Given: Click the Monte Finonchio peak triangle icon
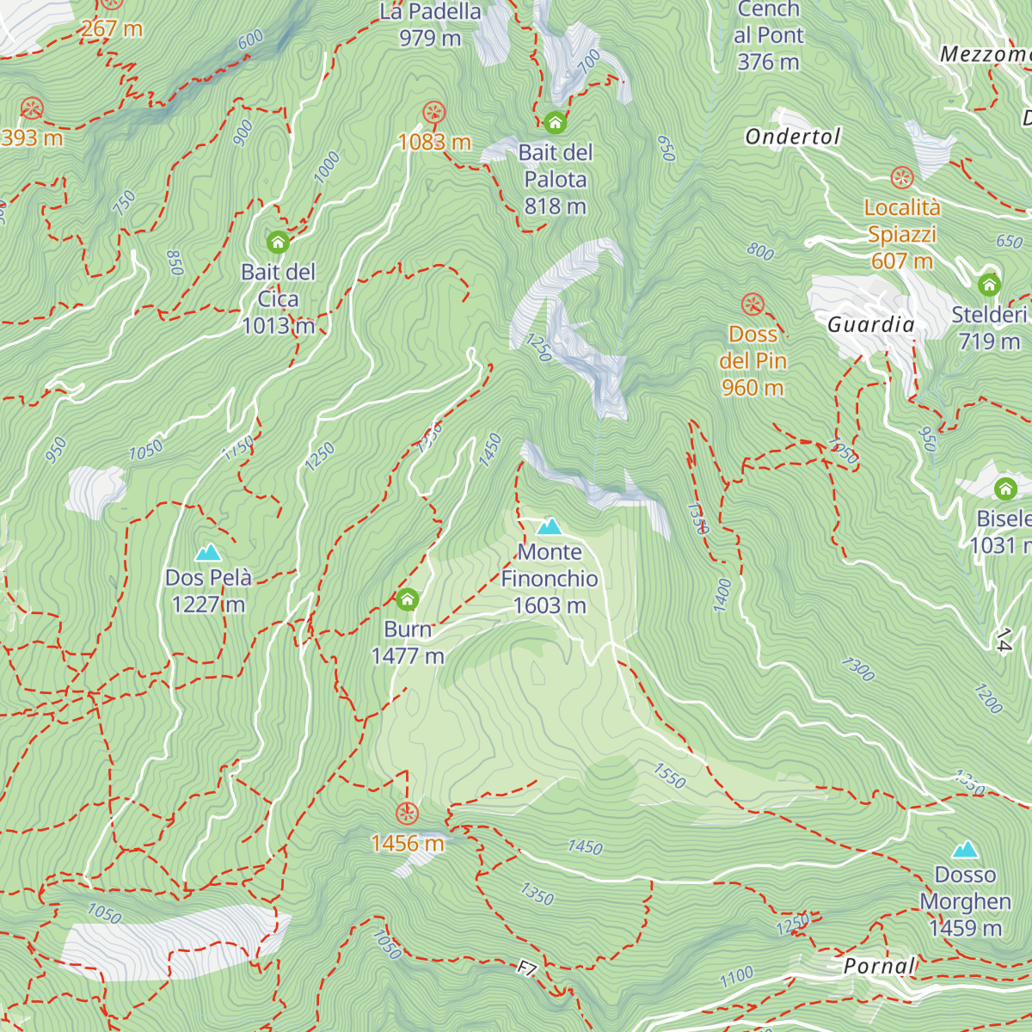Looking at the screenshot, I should pos(550,526).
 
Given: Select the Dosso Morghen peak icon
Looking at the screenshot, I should pos(965,850).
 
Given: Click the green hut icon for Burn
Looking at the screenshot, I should pos(408,599).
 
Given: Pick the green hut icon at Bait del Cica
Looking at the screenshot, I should pos(278,241).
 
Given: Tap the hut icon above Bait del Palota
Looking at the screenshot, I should pos(556,122).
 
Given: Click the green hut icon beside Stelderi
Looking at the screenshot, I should pos(989,284).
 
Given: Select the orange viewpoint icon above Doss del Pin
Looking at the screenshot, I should pos(752,304).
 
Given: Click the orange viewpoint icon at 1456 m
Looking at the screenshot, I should pos(407,813).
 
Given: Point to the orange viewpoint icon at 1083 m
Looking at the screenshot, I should pos(434,112).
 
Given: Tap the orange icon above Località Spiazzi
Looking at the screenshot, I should pos(902,178).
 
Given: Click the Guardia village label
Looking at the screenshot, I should pos(871,324).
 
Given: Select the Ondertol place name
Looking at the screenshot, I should pos(792,137).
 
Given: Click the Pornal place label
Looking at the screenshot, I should pos(879,966).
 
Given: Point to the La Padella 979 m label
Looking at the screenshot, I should pos(430,25).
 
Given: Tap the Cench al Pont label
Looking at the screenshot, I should pos(769,35).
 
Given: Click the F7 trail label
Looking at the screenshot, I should pos(527,969).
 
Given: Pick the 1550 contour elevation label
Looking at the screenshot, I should pos(669,776).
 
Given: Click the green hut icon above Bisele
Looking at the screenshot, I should pos(1005,489).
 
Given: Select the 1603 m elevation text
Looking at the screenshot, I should pos(550,605).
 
